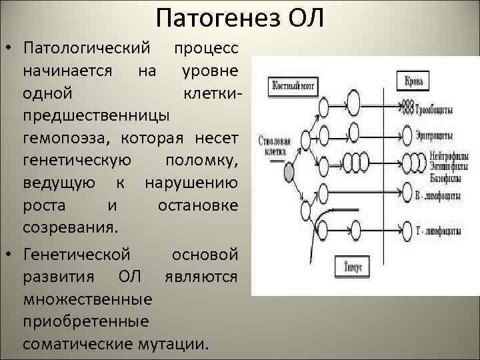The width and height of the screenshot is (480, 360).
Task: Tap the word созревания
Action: coord(70,227)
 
